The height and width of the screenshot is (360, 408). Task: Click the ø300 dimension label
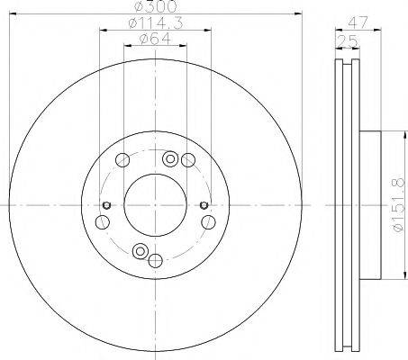(x=155, y=6)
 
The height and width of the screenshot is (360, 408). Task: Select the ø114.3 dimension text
(x=155, y=23)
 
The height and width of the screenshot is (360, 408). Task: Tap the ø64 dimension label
(x=155, y=39)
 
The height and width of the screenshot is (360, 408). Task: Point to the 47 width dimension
(x=358, y=22)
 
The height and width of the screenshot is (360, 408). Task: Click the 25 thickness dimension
(x=348, y=41)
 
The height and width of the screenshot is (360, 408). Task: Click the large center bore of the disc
(x=156, y=205)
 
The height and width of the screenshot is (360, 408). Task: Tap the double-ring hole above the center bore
(x=170, y=158)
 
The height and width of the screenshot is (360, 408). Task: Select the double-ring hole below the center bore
(x=141, y=251)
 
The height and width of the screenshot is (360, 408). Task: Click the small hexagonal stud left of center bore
(x=106, y=205)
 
